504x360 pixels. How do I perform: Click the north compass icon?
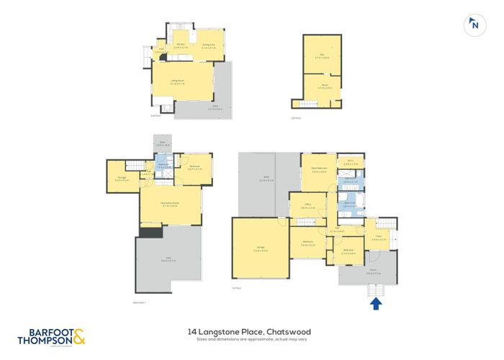(x=474, y=24)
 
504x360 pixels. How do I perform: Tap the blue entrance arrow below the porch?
(x=376, y=304)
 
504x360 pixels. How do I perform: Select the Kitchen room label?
(x=181, y=45)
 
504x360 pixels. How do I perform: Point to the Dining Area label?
(x=209, y=45)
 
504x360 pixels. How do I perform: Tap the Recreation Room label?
(x=170, y=204)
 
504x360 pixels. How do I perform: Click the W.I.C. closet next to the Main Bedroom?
(x=349, y=162)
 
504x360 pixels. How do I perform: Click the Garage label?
(x=260, y=248)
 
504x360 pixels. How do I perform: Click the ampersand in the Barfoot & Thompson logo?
(x=78, y=335)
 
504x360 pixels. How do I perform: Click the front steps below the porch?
(x=376, y=289)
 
